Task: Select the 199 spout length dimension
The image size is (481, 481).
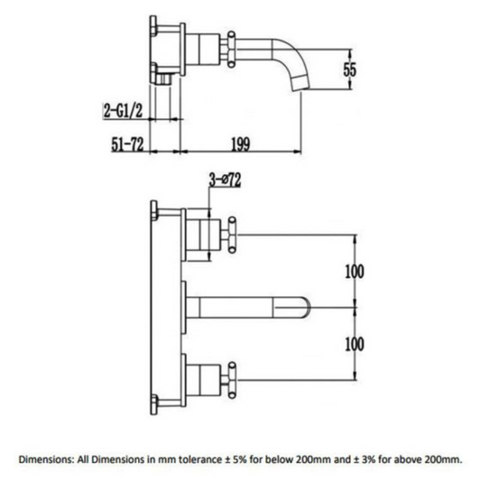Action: pyautogui.click(x=239, y=144)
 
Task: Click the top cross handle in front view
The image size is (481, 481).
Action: pyautogui.click(x=231, y=236)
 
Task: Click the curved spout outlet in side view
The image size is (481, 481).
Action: pyautogui.click(x=298, y=83)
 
